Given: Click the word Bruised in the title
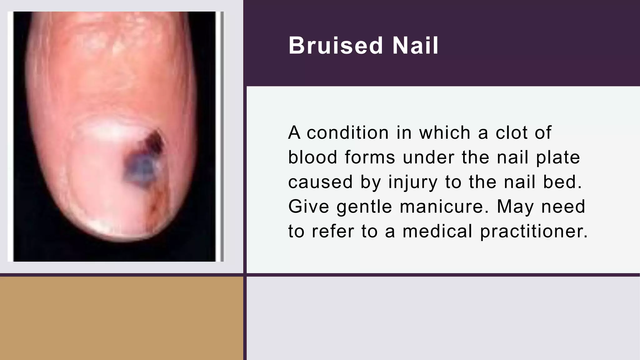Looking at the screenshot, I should pyautogui.click(x=336, y=46).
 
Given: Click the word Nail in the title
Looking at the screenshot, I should pyautogui.click(x=415, y=46).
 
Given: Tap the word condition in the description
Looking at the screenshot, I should pyautogui.click(x=347, y=132).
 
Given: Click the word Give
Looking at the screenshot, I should pyautogui.click(x=308, y=207).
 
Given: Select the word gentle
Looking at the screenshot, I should pyautogui.click(x=364, y=207).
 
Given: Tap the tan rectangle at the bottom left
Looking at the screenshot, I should pyautogui.click(x=121, y=318).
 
